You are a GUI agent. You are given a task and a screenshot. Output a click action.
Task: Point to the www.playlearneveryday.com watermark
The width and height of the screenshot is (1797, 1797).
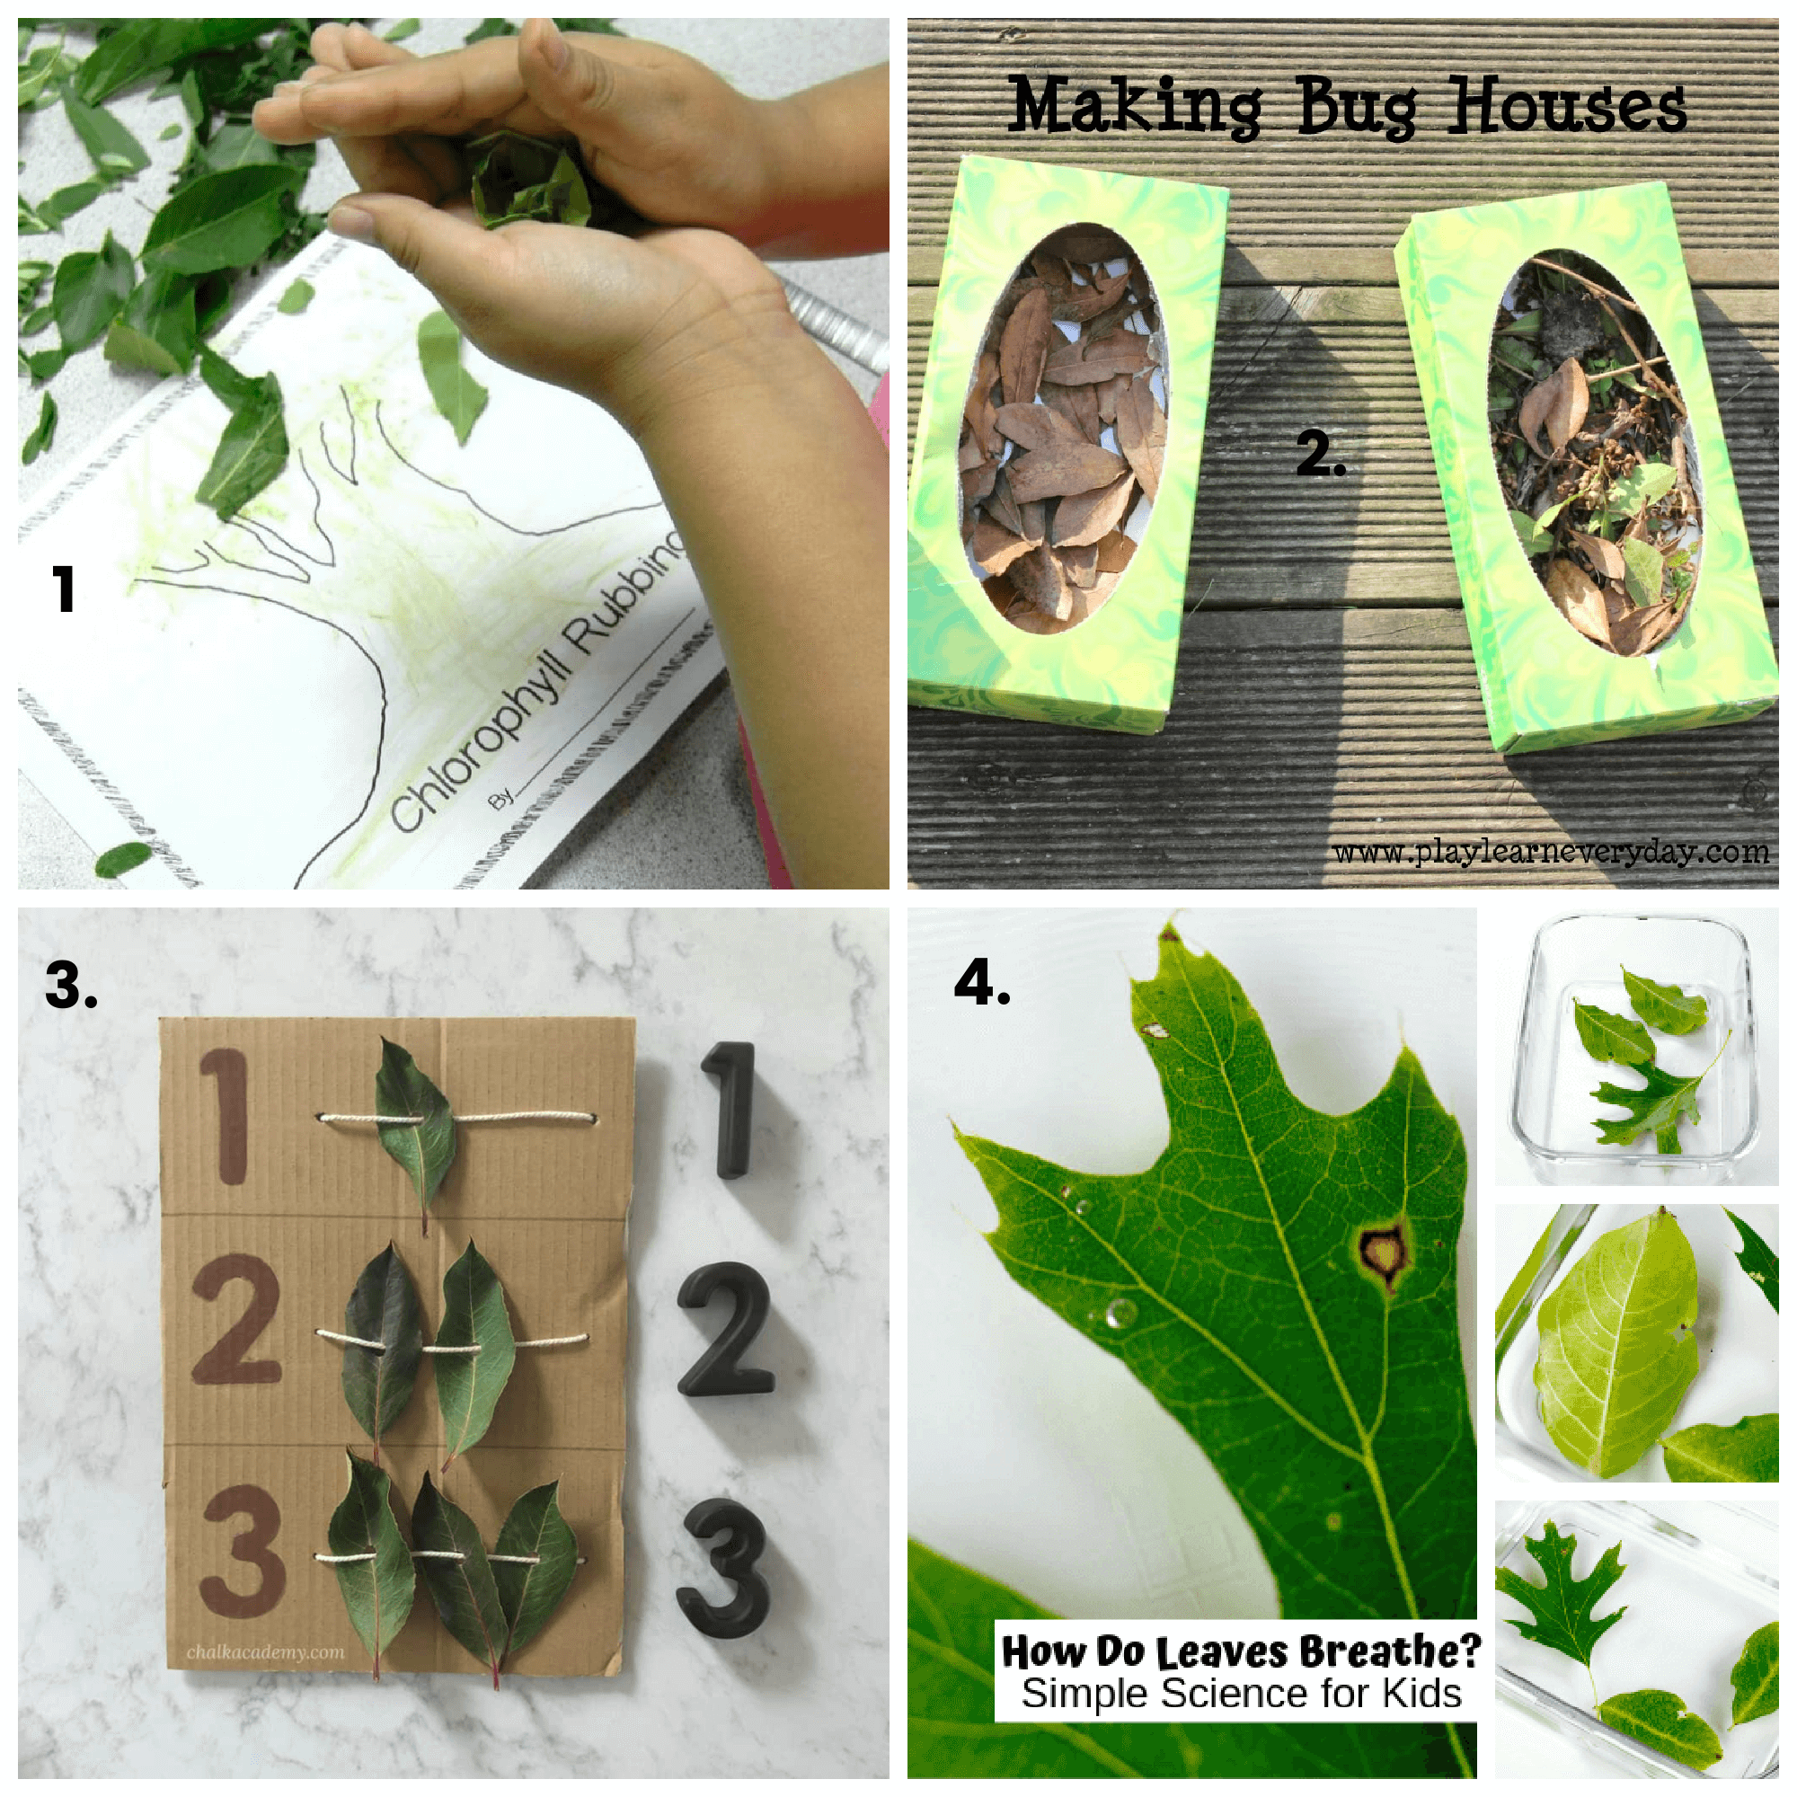(x=1551, y=851)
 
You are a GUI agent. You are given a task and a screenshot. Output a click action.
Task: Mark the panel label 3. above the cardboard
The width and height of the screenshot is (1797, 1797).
(x=71, y=984)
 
